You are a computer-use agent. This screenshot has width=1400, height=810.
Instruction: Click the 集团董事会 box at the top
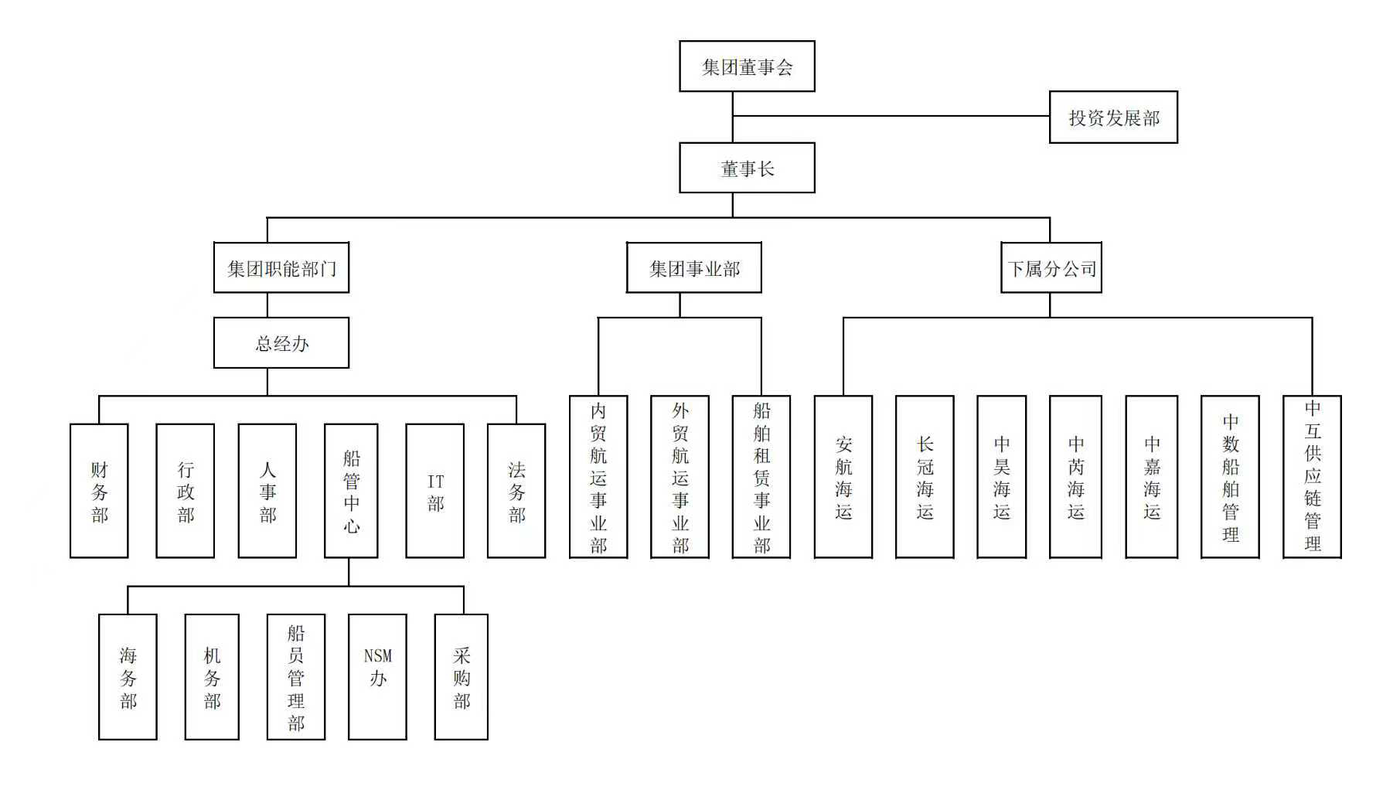click(x=747, y=66)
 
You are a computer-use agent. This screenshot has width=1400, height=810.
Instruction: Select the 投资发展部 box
click(x=1113, y=117)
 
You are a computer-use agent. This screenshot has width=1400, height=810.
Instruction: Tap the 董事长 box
click(x=747, y=168)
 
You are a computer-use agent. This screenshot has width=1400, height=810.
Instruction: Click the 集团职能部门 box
click(x=281, y=268)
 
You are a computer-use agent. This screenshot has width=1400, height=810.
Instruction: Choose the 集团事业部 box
click(x=693, y=268)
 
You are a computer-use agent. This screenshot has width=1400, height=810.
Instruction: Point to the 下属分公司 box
click(x=1051, y=268)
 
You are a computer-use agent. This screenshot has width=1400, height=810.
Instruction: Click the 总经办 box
click(x=281, y=342)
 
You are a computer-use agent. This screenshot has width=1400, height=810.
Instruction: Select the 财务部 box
click(x=99, y=491)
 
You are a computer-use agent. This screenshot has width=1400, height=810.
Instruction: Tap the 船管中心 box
click(x=351, y=491)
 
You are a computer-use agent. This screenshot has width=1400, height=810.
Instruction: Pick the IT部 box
click(x=435, y=491)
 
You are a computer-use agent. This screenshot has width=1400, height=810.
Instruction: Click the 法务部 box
click(x=516, y=491)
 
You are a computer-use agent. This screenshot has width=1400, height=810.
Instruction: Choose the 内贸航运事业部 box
click(x=598, y=477)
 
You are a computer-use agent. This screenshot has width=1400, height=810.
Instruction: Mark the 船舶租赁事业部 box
click(x=761, y=477)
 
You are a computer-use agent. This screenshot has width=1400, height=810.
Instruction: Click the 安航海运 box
click(x=843, y=477)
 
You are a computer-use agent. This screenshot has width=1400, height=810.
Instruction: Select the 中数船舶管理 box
click(x=1230, y=477)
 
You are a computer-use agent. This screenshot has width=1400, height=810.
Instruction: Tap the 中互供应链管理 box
click(x=1312, y=477)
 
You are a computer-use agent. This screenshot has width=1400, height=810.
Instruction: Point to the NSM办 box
click(x=377, y=677)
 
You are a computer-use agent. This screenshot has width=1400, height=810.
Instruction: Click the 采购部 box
click(x=462, y=677)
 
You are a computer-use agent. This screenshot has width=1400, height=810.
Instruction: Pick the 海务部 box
click(x=128, y=677)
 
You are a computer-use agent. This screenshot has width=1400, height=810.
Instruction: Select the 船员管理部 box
click(x=296, y=677)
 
